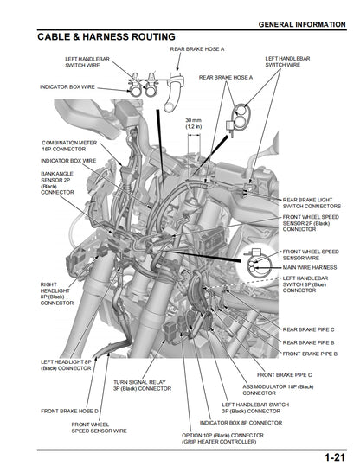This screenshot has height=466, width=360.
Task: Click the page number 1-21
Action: pyautogui.click(x=335, y=456)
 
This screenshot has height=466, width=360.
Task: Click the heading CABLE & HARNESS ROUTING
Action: pyautogui.click(x=106, y=37)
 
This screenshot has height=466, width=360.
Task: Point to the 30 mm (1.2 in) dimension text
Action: pyautogui.click(x=194, y=123)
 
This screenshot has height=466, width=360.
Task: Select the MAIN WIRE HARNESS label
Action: pyautogui.click(x=309, y=267)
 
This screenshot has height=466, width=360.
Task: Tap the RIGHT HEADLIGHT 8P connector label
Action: pyautogui.click(x=57, y=293)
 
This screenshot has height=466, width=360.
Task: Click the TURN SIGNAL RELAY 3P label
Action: pyautogui.click(x=143, y=385)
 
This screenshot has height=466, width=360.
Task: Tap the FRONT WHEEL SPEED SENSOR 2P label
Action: pyautogui.click(x=312, y=223)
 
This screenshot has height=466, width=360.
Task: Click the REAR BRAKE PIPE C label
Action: pyautogui.click(x=309, y=329)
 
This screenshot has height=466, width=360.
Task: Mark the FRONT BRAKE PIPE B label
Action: pyautogui.click(x=310, y=354)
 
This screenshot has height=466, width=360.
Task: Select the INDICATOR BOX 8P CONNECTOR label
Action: pyautogui.click(x=241, y=422)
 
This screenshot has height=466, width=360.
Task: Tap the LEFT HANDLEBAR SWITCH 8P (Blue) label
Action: pyautogui.click(x=312, y=284)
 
